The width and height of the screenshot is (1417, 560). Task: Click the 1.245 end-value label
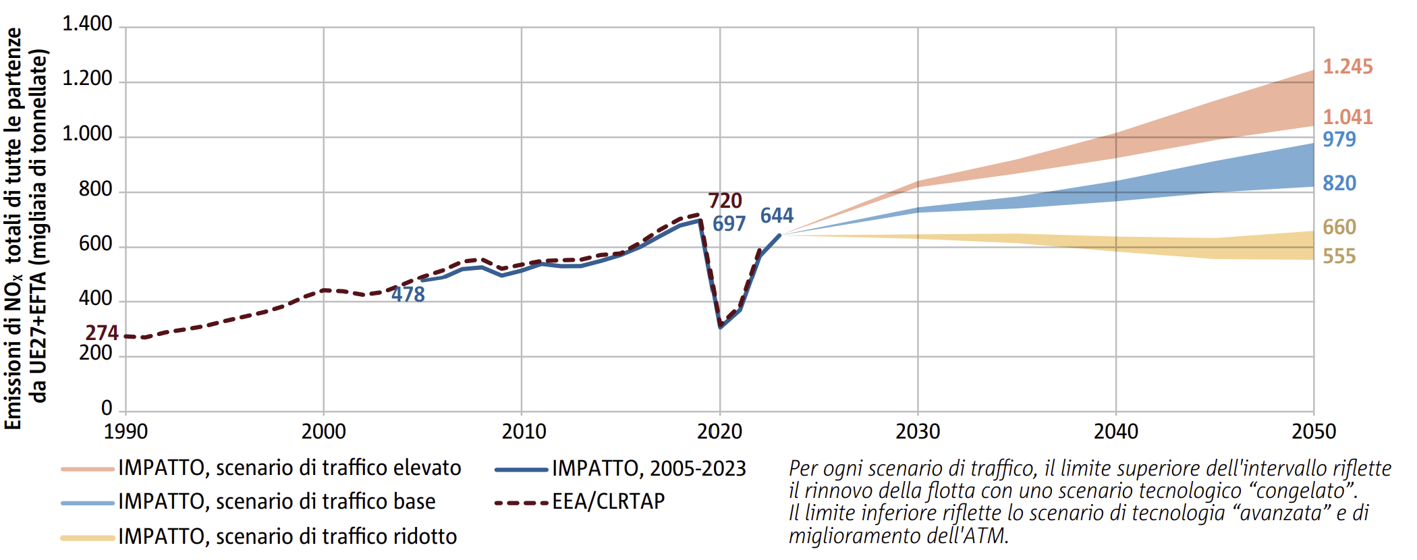point(1347,67)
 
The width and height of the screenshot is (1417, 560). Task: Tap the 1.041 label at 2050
point(1347,117)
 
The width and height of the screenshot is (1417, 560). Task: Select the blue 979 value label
point(1339,140)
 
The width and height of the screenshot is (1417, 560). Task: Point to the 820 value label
point(1339,184)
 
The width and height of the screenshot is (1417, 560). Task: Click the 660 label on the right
point(1339,227)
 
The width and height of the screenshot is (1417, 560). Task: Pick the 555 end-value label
point(1339,256)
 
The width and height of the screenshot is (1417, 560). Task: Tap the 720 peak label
point(725,201)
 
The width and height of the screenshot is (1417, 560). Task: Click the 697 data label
point(729,224)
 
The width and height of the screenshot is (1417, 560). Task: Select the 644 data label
point(777,216)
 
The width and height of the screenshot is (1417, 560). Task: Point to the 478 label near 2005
point(408,295)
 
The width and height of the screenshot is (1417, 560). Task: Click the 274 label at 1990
point(102,333)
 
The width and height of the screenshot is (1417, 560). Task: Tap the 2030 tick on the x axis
point(918,432)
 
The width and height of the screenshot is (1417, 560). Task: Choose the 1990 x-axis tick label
point(126,432)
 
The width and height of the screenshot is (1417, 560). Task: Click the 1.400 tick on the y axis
point(87,24)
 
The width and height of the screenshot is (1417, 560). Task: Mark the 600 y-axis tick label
point(96,244)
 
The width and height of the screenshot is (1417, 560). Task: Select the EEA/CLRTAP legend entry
point(580,502)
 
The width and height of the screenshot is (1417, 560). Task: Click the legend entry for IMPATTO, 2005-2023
point(620,469)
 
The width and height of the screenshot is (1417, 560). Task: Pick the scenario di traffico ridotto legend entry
point(258,537)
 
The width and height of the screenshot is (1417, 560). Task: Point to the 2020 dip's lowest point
point(721,327)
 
